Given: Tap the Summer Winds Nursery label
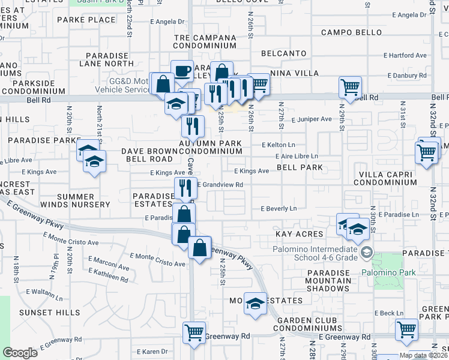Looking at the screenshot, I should (x=83, y=200).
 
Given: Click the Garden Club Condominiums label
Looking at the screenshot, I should (x=309, y=324).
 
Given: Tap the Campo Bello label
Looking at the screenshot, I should (x=351, y=32).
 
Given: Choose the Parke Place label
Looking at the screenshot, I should (x=86, y=20).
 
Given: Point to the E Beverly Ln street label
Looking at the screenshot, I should (x=278, y=209).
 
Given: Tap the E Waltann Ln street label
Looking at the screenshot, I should (x=43, y=292).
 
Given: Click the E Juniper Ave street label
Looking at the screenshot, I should (x=312, y=119).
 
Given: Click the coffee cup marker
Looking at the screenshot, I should (x=182, y=71).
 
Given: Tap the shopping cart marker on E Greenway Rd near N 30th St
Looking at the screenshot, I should (x=406, y=329).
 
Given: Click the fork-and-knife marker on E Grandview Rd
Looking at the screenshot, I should (x=186, y=187).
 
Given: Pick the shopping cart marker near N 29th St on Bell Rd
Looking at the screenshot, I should (x=350, y=86).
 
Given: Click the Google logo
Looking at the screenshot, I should (x=20, y=352).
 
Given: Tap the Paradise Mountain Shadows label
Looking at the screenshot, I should (x=328, y=281).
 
